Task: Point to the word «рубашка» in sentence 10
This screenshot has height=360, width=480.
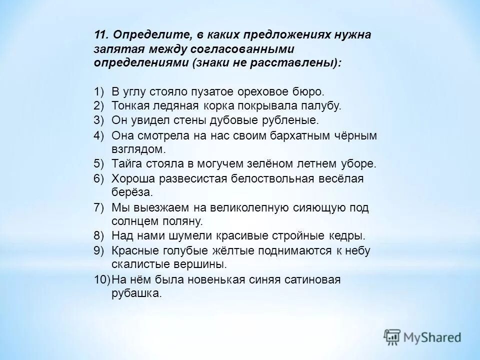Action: point(136,293)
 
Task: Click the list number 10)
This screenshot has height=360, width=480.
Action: point(101,279)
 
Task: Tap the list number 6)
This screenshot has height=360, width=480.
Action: point(99,178)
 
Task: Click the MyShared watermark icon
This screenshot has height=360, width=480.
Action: point(393,336)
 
